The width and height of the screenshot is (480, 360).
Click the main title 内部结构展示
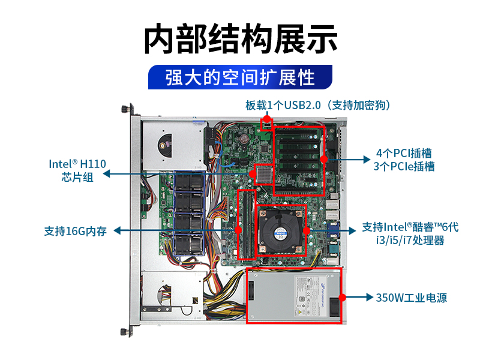click(x=241, y=39)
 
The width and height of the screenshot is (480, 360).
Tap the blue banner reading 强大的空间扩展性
click(x=241, y=77)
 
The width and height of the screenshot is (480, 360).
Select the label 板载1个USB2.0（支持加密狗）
click(x=319, y=106)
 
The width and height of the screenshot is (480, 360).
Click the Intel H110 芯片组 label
click(x=77, y=170)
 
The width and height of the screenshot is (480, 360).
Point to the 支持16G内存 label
click(x=76, y=231)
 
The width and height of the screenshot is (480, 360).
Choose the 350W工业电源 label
click(x=412, y=298)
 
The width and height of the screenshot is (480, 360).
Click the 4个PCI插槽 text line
click(x=404, y=153)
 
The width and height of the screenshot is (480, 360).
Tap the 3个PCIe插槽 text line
click(x=404, y=167)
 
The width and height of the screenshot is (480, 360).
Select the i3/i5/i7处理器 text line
click(x=410, y=241)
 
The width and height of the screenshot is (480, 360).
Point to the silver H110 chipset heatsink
click(x=264, y=175)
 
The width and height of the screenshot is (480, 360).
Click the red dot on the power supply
click(x=343, y=297)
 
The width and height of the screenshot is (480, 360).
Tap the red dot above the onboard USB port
click(x=267, y=119)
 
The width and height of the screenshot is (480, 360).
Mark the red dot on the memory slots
click(x=238, y=230)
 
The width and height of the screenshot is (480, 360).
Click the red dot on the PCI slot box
click(x=324, y=159)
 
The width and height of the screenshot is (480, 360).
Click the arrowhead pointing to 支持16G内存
click(x=117, y=230)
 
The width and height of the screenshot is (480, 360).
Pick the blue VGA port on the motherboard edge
click(x=334, y=230)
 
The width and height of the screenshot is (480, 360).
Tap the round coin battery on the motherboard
click(x=244, y=139)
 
